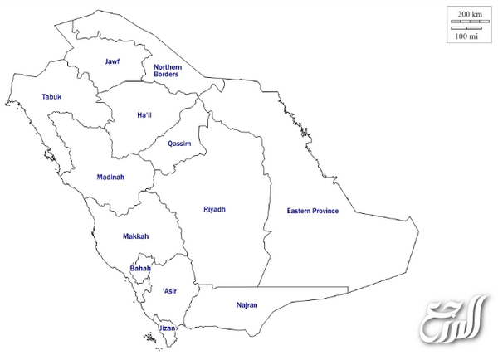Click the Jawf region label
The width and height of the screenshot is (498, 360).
click(112, 61)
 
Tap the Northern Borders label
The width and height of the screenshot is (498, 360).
click(168, 71)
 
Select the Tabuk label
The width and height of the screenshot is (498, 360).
click(51, 97)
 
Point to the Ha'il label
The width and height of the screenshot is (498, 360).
click(145, 115)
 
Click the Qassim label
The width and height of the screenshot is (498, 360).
click(179, 144)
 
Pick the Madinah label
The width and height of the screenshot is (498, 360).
click(110, 177)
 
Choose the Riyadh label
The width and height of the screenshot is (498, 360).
click(214, 209)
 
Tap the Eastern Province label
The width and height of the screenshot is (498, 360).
click(313, 212)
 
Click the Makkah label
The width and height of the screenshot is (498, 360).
click(135, 236)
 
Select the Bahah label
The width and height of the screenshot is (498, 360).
click(140, 269)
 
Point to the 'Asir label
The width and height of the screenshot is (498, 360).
click(169, 291)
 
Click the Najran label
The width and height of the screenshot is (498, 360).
click(247, 305)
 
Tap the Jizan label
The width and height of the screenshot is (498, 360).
click(168, 328)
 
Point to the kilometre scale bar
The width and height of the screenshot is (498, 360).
click(470, 22)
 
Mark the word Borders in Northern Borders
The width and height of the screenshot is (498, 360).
click(168, 75)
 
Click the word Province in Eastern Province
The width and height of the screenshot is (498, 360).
click(325, 212)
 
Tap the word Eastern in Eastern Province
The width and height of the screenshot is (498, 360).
click(298, 212)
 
